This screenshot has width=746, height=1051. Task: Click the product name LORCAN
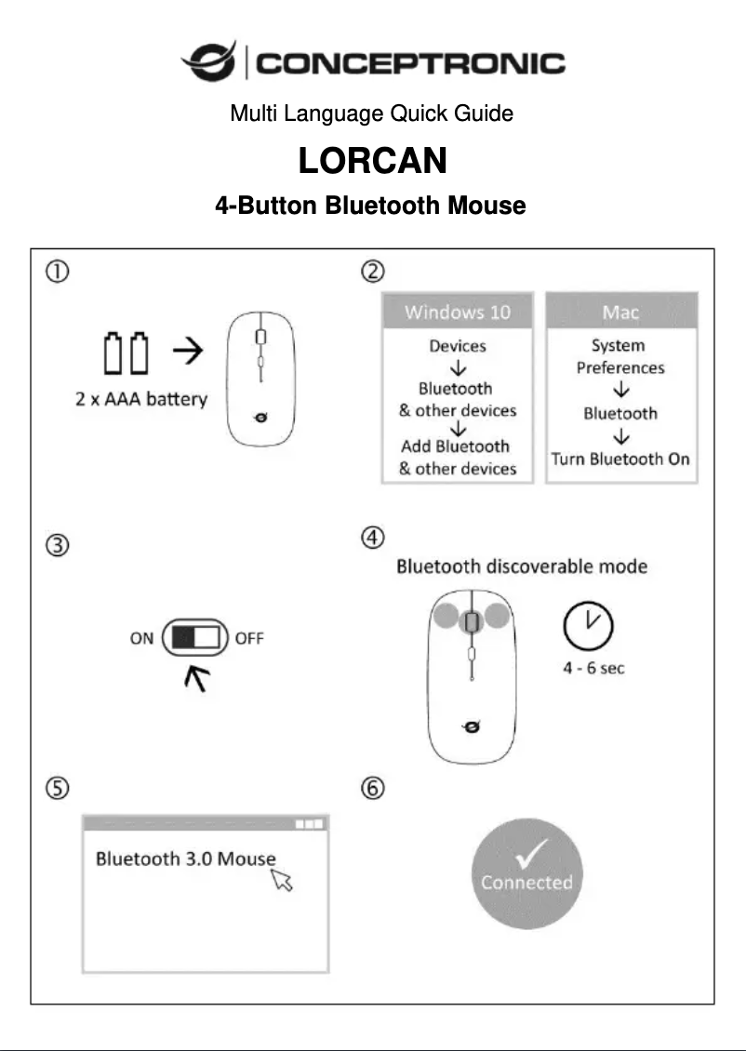pyautogui.click(x=372, y=161)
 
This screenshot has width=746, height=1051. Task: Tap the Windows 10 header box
pyautogui.click(x=457, y=312)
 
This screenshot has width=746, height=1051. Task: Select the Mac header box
pyautogui.click(x=620, y=312)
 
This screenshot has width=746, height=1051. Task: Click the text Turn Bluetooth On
pyautogui.click(x=620, y=459)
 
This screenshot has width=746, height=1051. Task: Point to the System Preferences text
pyautogui.click(x=620, y=356)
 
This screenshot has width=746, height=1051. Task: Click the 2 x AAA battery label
pyautogui.click(x=141, y=400)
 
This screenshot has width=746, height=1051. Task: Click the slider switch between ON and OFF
pyautogui.click(x=195, y=638)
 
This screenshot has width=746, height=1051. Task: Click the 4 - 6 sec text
pyautogui.click(x=593, y=669)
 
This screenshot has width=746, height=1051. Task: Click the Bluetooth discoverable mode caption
pyautogui.click(x=522, y=566)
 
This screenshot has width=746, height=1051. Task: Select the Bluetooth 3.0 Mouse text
pyautogui.click(x=186, y=858)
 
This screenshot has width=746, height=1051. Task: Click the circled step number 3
pyautogui.click(x=58, y=546)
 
